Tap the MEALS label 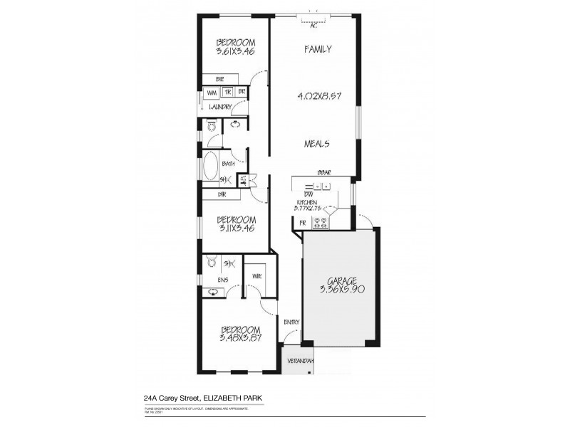pyautogui.click(x=317, y=143)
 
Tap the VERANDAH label pyautogui.click(x=299, y=360)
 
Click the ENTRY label pyautogui.click(x=291, y=322)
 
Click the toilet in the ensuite pyautogui.click(x=211, y=263)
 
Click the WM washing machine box pyautogui.click(x=212, y=93)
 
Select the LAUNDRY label pyautogui.click(x=221, y=107)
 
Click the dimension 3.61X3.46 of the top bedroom pyautogui.click(x=234, y=51)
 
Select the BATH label pyautogui.click(x=228, y=164)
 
